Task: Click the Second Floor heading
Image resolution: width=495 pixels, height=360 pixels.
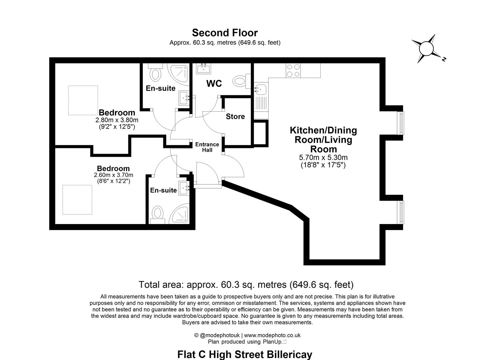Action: [x=225, y=33]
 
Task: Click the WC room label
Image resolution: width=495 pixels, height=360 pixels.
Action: [x=214, y=83]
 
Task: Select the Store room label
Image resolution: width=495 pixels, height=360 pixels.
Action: [x=235, y=116]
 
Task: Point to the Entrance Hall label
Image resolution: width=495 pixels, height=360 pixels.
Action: [x=207, y=147]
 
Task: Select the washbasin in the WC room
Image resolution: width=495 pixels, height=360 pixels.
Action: [x=203, y=69]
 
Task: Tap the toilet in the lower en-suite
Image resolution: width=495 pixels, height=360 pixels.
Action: [x=157, y=214]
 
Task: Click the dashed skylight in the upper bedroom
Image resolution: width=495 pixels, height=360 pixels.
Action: [x=83, y=100]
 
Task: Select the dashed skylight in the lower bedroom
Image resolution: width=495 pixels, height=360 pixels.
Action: [x=77, y=200]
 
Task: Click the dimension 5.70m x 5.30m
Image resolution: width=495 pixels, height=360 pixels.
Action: [x=323, y=158]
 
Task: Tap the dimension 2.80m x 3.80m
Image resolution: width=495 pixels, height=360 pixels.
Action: [x=117, y=120]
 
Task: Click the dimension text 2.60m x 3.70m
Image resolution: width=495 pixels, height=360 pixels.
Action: [x=113, y=175]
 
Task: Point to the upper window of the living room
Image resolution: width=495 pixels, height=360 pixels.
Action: [x=402, y=123]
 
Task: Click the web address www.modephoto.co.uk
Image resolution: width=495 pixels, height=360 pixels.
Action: [x=272, y=335]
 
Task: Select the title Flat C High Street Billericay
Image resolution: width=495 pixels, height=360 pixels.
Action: [x=245, y=354]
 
